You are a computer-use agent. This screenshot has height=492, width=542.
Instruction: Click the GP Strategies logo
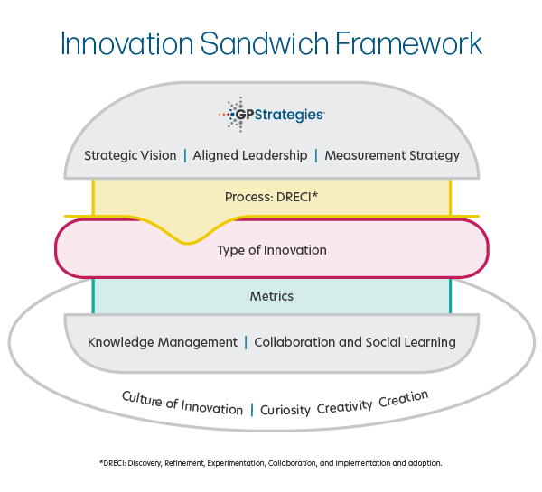pos(272,115)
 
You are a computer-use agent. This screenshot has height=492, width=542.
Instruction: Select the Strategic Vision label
pos(130,155)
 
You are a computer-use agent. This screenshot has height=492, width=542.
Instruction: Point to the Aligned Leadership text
pos(250,155)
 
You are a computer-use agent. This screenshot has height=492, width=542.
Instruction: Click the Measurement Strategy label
pos(392,155)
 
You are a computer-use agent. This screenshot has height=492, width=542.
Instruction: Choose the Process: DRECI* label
pos(271,196)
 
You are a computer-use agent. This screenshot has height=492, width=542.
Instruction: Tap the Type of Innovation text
pos(272,250)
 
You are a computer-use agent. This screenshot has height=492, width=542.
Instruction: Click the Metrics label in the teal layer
pos(272,296)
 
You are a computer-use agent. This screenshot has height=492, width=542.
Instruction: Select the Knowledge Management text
pos(162,342)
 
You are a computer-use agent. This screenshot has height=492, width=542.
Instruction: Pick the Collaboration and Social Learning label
pos(355,342)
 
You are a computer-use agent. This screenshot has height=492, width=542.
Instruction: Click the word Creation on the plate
pos(404,398)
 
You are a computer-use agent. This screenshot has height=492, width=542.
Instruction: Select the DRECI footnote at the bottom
pos(271,462)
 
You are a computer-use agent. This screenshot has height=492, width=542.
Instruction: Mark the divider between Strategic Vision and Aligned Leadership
pos(185,155)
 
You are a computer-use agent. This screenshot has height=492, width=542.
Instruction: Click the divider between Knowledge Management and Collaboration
pos(246,342)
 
